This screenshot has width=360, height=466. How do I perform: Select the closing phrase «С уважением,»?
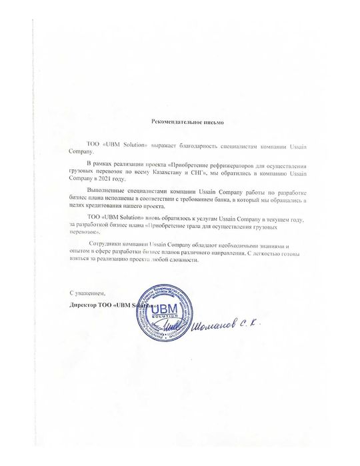click(x=87, y=293)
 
